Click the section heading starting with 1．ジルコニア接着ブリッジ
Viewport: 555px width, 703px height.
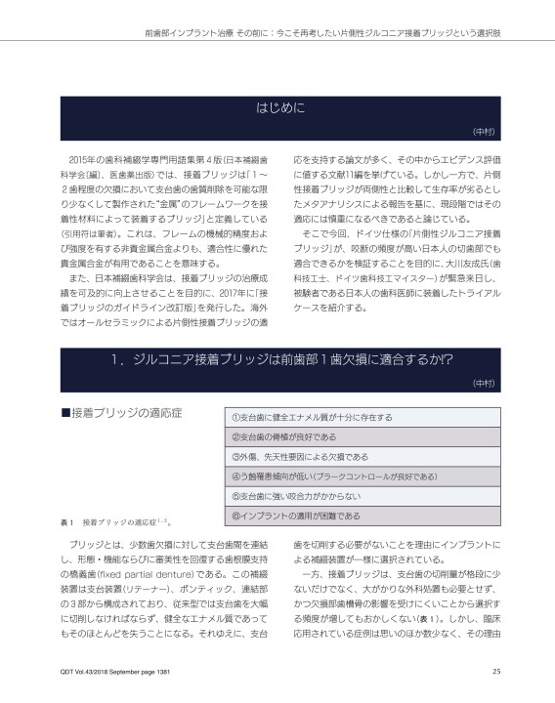[277, 359]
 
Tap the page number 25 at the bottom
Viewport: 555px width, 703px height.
[495, 671]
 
